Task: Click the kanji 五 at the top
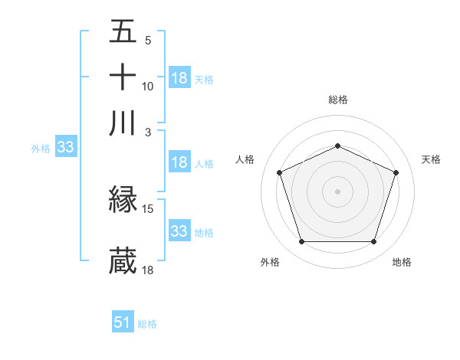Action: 123,32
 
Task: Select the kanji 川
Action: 123,123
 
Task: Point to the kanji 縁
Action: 123,201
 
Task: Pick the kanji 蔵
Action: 123,261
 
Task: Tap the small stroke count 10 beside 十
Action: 148,86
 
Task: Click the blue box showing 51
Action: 123,322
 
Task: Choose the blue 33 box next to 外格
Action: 65,148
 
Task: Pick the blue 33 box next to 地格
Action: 179,231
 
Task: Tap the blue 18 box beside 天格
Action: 179,77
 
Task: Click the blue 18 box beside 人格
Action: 179,162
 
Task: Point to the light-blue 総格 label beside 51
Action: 147,324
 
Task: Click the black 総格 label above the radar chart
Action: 338,100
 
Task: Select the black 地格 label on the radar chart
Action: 402,263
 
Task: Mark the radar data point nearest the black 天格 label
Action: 396,172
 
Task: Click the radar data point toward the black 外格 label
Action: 301,242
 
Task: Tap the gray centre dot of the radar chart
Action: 338,191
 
